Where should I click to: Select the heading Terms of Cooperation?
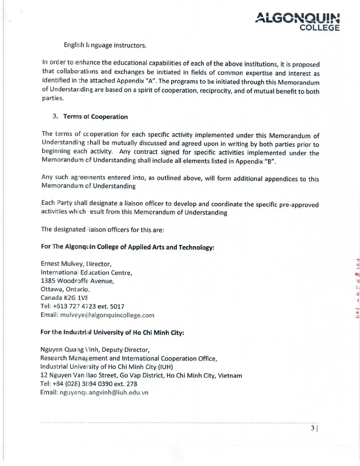[x=95, y=117]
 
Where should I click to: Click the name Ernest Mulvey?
[x=61, y=264]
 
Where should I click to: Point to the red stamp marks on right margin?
[x=356, y=287]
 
